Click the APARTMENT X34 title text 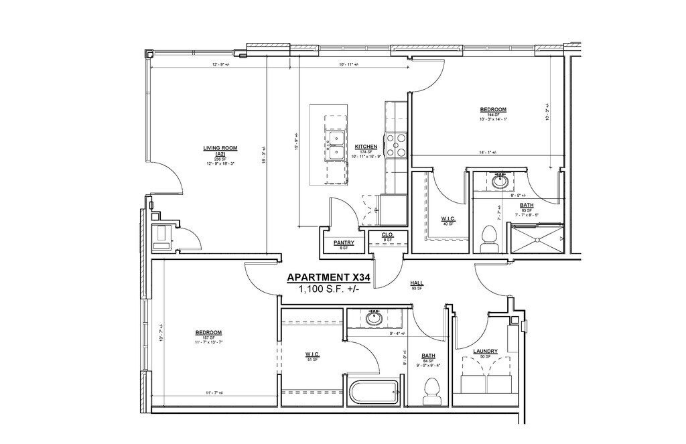(328, 277)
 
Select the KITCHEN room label (366, 147)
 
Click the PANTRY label (343, 243)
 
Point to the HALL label (416, 284)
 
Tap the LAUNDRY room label (484, 351)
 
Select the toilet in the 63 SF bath (490, 238)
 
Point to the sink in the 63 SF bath (500, 181)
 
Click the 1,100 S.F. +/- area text (328, 289)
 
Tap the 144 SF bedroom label (492, 110)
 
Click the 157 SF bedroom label (208, 332)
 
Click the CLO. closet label (387, 234)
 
